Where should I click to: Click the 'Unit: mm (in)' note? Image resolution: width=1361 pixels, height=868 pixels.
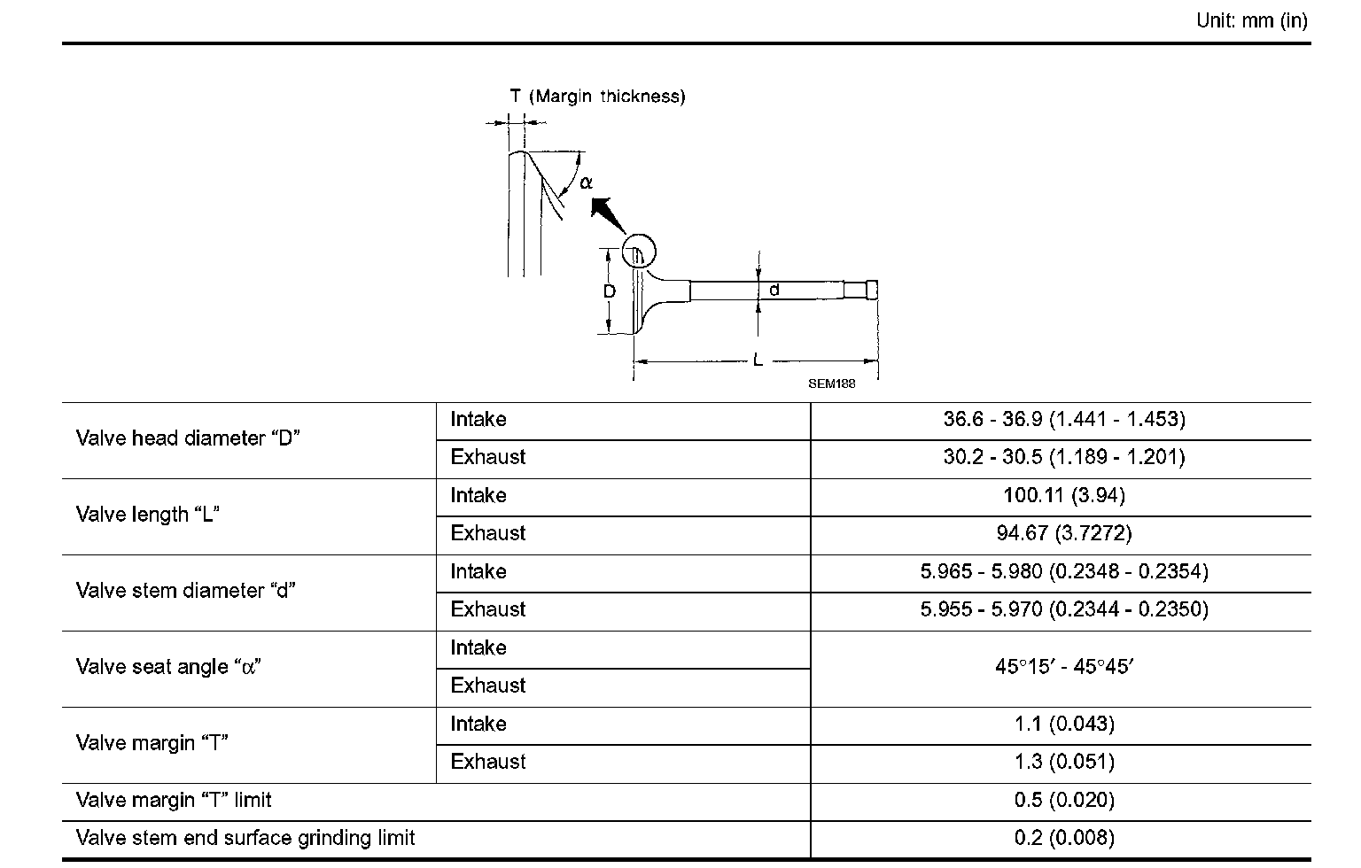1251,20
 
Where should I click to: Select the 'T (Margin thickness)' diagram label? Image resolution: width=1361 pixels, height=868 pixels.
597,97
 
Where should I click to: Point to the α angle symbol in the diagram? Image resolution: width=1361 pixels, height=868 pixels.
586,183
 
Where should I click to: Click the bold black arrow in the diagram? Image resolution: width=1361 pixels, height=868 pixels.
607,215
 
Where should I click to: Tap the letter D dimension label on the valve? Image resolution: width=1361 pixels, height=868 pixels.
610,291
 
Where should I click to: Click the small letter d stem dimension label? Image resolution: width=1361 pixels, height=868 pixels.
774,290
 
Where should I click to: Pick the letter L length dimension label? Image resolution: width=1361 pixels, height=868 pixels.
758,360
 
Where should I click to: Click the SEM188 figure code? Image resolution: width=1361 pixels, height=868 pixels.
831,384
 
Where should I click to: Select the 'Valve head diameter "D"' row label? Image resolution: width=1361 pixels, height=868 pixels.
188,438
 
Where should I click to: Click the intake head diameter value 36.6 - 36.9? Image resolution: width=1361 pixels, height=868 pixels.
1063,419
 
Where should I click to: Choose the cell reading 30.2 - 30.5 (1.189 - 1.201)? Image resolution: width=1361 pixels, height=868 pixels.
1063,457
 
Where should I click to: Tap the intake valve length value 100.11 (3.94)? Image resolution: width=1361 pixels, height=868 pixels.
1063,495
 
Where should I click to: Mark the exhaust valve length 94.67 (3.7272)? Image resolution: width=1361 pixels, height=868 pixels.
1063,533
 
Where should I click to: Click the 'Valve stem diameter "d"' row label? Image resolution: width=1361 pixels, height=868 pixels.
185,591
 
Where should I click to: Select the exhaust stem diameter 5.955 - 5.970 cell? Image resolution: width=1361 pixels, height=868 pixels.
1063,609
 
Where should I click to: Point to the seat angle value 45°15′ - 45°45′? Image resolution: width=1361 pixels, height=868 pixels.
1063,666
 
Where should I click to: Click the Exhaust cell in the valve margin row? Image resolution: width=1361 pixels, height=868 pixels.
488,762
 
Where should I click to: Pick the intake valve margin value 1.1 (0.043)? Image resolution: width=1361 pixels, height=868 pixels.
1063,724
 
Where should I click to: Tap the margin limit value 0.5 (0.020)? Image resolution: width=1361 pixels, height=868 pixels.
1063,800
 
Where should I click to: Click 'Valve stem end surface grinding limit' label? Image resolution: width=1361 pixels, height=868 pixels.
245,838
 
